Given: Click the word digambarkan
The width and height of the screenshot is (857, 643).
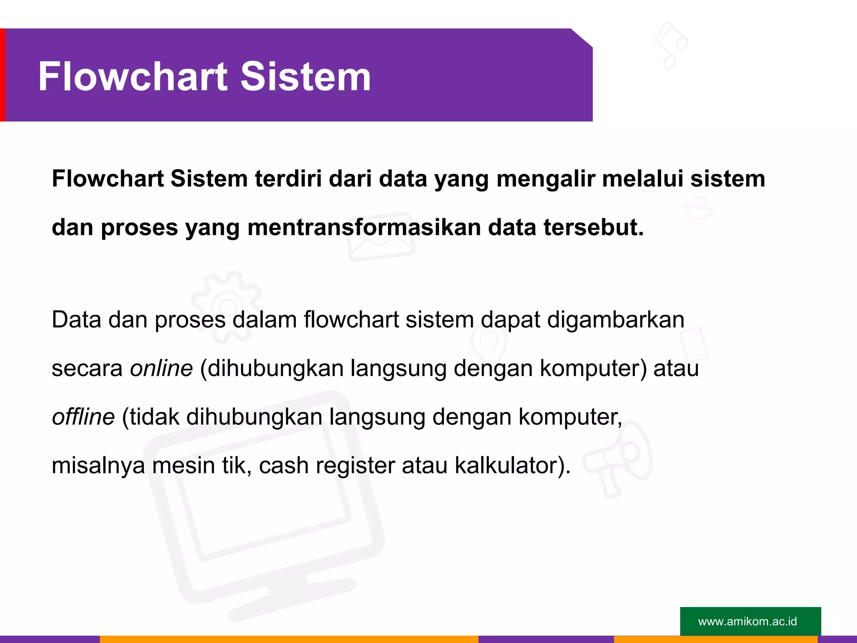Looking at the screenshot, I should [x=616, y=320].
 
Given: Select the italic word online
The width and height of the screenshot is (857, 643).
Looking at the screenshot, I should [x=161, y=368].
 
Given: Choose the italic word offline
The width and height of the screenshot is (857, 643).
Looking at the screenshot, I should [x=83, y=417].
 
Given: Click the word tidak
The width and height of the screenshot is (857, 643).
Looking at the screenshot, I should [x=154, y=417].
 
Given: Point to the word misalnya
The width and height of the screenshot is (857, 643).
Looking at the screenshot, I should [x=98, y=466].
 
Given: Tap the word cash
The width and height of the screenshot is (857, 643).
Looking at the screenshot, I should [x=284, y=466].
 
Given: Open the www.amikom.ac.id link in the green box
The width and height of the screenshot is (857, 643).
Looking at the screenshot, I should [x=747, y=621].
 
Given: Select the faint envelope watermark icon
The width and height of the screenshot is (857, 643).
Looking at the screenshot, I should [x=380, y=236].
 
